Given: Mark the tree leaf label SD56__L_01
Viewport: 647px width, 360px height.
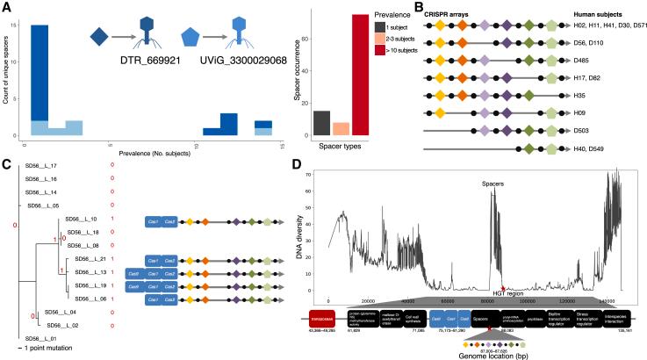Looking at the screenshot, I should pos(42,337).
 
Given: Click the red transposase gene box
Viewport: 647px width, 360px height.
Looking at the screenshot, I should pos(321,321).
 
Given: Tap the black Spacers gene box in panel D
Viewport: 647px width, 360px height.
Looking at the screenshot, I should pos(485,321).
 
